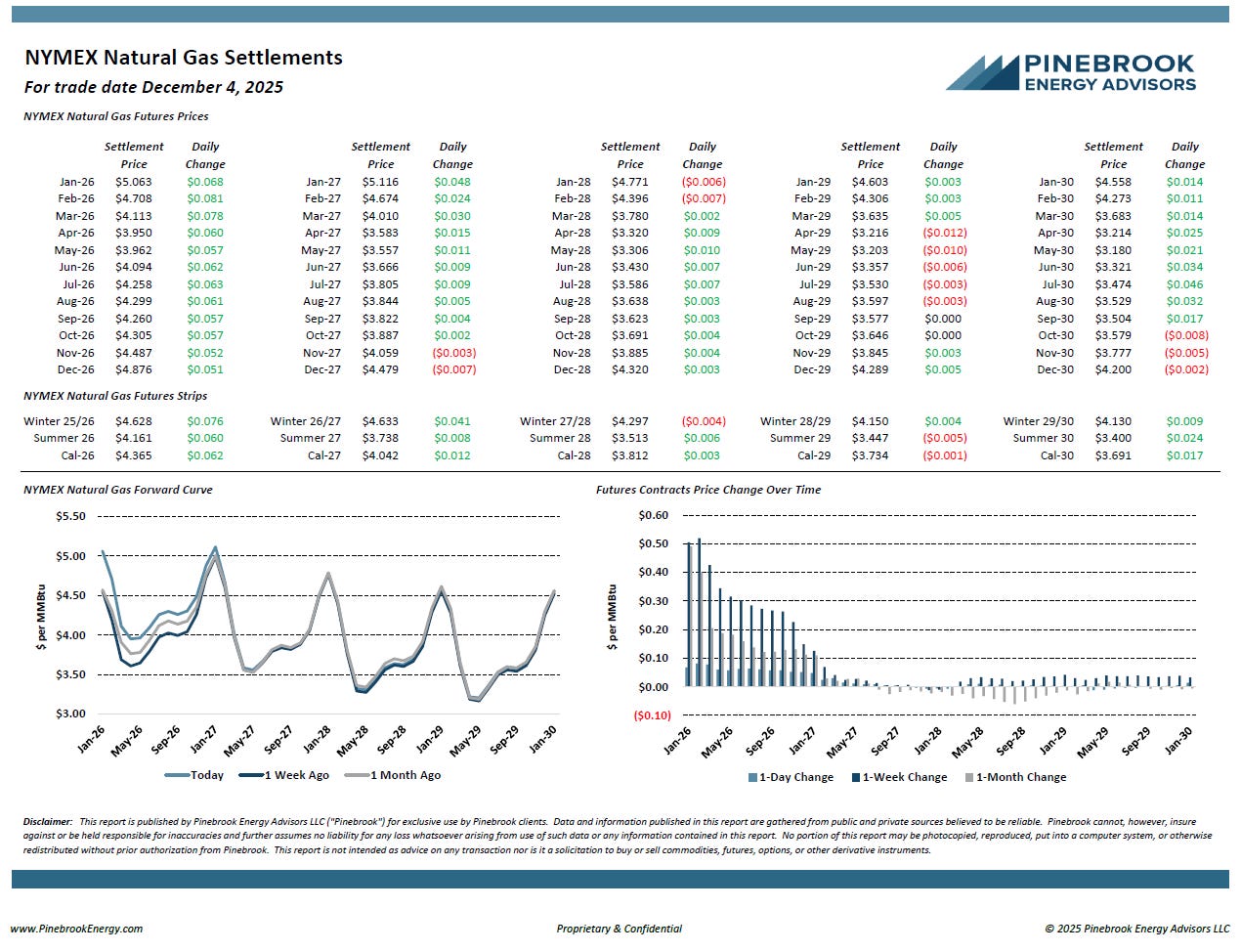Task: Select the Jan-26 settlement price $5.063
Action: point(134,182)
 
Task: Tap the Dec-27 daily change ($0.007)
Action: point(453,369)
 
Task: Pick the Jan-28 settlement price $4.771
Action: point(630,182)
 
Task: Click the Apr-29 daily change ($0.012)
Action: point(944,233)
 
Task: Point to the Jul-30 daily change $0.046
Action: point(1184,284)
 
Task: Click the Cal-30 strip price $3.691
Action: point(1113,455)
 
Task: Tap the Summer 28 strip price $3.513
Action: point(630,438)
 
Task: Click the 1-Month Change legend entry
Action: point(1020,777)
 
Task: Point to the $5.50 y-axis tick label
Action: point(70,516)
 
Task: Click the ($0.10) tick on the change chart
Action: point(652,715)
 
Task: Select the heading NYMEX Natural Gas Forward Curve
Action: point(117,490)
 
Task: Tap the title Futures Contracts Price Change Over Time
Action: point(708,490)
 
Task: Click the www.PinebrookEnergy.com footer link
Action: point(76,929)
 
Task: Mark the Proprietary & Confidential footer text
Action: point(620,929)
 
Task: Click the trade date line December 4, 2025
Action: point(153,87)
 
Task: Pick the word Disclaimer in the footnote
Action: point(48,822)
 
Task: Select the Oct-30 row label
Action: point(1055,335)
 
